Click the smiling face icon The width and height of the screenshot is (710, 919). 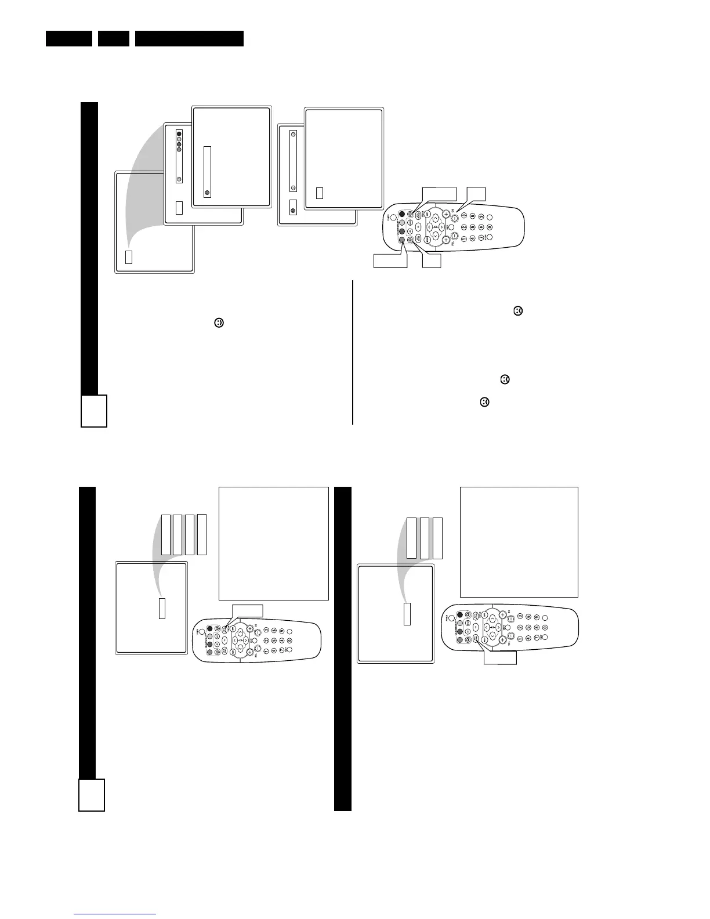[x=219, y=323]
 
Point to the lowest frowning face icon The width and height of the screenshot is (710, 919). [x=484, y=401]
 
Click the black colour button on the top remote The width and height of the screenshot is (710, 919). [x=401, y=214]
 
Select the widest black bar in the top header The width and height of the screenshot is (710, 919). [x=189, y=39]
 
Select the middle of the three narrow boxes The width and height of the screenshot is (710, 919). [x=425, y=538]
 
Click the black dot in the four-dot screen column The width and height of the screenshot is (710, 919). [x=179, y=133]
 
